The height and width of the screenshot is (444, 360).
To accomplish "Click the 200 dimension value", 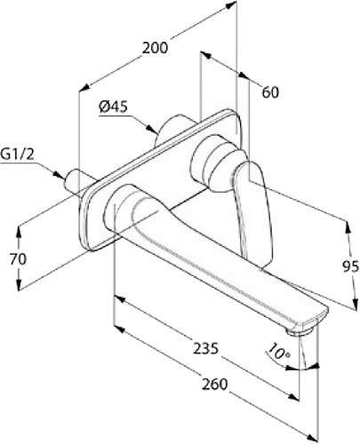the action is click(x=155, y=48).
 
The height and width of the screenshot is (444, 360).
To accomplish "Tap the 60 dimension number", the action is click(x=270, y=92).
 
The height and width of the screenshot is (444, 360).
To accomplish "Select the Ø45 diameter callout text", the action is click(x=113, y=107).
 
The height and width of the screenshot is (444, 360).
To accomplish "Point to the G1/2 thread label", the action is click(x=17, y=155).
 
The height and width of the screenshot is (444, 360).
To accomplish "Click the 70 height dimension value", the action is click(x=18, y=259).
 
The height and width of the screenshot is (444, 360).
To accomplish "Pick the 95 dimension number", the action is click(x=351, y=266).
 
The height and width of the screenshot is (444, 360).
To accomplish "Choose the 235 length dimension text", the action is click(x=206, y=348).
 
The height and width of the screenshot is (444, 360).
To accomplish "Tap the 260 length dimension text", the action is click(x=215, y=384).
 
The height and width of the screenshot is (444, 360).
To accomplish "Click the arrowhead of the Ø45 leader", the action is click(x=153, y=130).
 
